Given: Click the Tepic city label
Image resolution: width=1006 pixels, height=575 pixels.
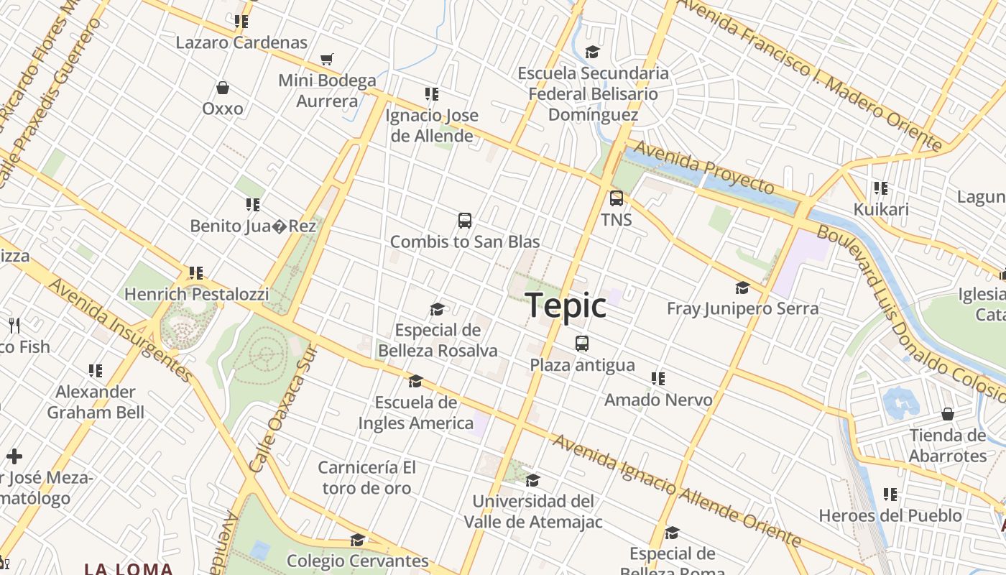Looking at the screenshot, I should click(x=566, y=306).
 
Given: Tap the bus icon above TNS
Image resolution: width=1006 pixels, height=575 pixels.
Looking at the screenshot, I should click(x=617, y=198).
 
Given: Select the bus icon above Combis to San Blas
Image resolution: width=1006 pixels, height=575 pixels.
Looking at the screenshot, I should click(x=465, y=221).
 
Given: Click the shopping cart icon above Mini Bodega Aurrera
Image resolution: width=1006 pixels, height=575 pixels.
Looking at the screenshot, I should click(x=327, y=59).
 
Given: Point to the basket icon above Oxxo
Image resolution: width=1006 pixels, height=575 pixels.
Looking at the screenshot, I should click(x=223, y=88).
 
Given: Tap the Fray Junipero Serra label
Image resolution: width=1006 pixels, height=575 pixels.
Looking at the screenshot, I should click(x=742, y=308).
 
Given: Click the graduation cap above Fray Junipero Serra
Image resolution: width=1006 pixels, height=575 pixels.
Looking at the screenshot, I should click(x=742, y=288).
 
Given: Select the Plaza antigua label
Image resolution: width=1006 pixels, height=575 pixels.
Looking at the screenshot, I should click(x=582, y=365).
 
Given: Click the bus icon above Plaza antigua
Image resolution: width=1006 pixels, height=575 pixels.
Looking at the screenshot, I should click(x=582, y=344).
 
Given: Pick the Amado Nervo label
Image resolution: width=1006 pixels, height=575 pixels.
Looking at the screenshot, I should click(x=658, y=400).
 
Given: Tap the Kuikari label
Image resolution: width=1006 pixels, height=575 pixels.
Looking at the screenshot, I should click(x=881, y=209).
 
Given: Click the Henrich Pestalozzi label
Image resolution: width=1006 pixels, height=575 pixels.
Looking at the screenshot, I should click(x=197, y=294).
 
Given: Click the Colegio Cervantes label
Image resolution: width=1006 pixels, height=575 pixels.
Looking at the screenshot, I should click(x=357, y=561).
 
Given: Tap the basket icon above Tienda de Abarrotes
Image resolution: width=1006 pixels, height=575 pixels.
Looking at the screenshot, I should click(x=948, y=415).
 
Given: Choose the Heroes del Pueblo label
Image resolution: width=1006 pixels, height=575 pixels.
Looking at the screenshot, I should click(x=890, y=515).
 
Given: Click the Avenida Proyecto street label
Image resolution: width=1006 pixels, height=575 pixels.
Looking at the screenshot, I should click(x=704, y=167).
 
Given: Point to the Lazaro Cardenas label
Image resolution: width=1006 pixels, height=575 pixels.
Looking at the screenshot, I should click(x=241, y=42).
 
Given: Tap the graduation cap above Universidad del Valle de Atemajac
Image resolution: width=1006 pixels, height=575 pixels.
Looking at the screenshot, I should click(x=532, y=480).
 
